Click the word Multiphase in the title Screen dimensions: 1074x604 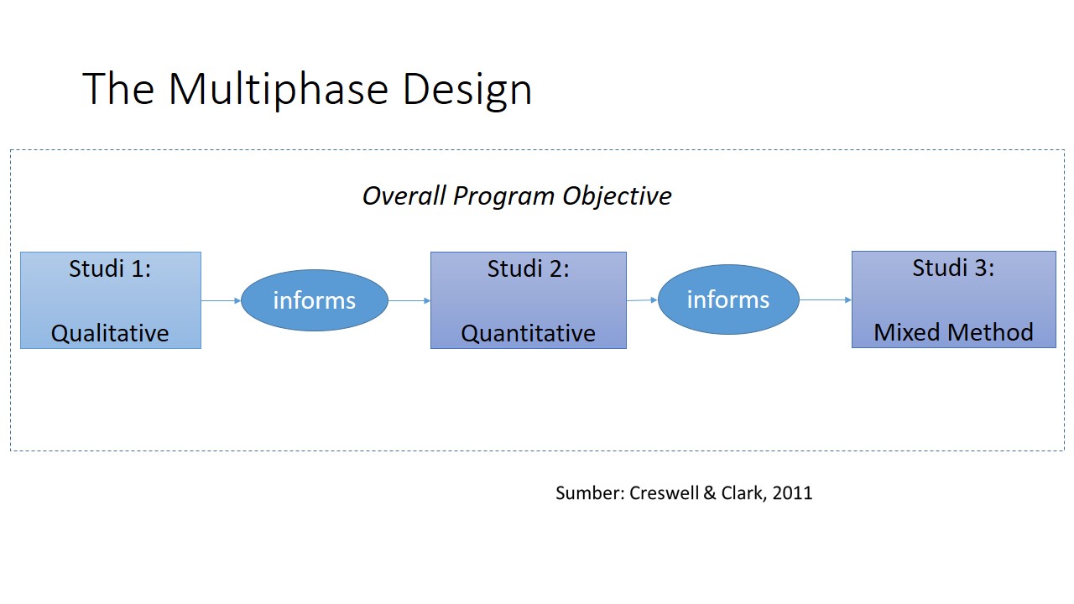point(278,90)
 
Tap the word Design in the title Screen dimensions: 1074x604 point(467,90)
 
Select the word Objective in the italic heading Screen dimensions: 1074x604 point(617,196)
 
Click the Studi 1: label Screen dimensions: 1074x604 point(110,268)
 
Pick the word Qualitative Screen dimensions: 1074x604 point(110,333)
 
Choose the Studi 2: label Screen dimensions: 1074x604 point(529,268)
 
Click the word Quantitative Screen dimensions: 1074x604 point(529,333)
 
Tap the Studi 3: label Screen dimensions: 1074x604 point(953,268)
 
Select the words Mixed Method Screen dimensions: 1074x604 point(953,332)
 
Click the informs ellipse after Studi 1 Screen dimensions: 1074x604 point(315,300)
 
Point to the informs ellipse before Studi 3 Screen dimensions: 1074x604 point(728,299)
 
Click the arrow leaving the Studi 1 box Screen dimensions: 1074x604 point(221,300)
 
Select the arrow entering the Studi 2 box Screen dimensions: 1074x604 point(409,300)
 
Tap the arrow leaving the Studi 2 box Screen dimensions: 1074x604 point(642,300)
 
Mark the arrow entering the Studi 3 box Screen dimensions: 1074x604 point(826,299)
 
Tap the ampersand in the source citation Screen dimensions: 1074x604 point(710,492)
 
